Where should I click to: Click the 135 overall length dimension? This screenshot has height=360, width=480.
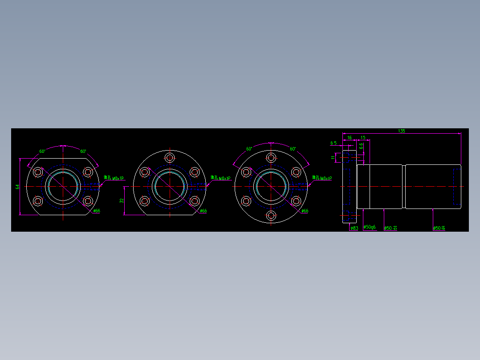pos(401,131)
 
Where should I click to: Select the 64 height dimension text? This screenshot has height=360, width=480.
pos(18,187)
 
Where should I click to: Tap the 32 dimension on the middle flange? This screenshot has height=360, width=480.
pos(122,201)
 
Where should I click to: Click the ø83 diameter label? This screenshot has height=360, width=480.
pos(354,228)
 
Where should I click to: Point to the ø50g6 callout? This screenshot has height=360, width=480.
pos(370,227)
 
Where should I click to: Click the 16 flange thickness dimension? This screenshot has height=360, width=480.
pos(350,138)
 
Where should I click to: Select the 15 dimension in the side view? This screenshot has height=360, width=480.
pos(363,138)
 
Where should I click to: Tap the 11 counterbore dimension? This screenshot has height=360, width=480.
pos(333,157)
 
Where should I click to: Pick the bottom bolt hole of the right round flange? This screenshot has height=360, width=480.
pos(271,216)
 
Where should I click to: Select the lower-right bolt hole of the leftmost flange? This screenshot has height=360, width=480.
pos(88,201)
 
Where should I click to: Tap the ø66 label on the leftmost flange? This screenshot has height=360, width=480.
pos(97,211)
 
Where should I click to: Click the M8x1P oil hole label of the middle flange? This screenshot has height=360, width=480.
pos(221,178)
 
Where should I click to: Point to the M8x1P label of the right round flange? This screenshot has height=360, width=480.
pos(322,178)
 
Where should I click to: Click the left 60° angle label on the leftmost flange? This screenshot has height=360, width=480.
pos(42,151)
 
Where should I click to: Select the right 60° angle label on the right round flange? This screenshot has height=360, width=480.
pos(293,149)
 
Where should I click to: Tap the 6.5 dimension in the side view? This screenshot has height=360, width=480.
pos(333,143)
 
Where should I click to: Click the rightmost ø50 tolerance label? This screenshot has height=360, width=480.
pos(439,228)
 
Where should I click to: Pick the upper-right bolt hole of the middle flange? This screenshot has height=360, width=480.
pos(194,172)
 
